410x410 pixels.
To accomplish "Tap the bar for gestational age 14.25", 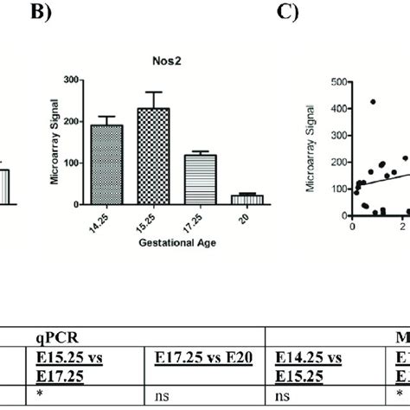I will pyautogui.click(x=107, y=164).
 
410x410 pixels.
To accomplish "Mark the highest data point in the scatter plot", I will pyautogui.click(x=373, y=102).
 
